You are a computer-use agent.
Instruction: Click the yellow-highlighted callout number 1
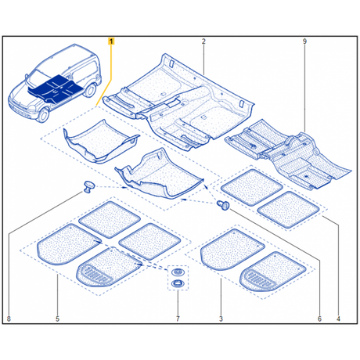(111, 40)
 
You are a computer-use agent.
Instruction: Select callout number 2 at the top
(203, 40)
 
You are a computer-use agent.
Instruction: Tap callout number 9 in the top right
(304, 40)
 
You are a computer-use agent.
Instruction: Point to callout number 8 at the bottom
(9, 319)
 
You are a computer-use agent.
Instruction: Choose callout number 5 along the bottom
(58, 319)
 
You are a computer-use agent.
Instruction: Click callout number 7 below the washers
(178, 319)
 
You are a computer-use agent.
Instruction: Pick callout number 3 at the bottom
(221, 319)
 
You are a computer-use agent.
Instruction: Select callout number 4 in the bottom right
(339, 319)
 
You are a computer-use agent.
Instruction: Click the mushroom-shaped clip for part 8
(85, 185)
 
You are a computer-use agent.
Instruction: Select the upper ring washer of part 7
(177, 270)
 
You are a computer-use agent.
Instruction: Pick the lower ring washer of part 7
(177, 281)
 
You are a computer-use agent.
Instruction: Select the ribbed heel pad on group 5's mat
(99, 275)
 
